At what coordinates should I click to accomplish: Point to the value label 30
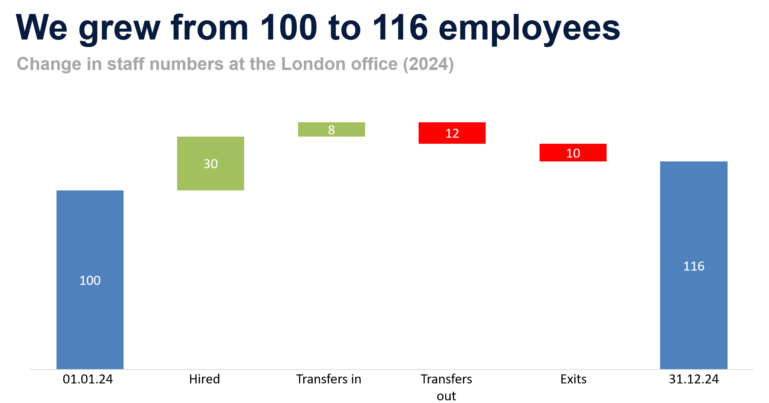tap(211, 164)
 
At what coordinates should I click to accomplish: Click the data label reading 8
tap(331, 130)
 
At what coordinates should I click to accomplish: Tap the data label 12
tap(452, 133)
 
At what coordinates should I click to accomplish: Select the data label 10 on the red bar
tap(573, 153)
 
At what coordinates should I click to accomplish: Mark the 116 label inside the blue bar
tap(694, 266)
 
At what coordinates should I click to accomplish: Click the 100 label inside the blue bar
tap(90, 280)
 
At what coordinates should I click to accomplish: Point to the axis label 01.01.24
tap(88, 379)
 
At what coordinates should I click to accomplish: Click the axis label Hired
tap(204, 379)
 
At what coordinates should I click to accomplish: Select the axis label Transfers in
tap(329, 379)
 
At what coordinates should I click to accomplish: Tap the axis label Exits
tap(573, 379)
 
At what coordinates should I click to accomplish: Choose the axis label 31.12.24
tap(694, 379)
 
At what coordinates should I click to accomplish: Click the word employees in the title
tap(529, 28)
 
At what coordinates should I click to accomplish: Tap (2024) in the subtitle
tap(428, 64)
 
